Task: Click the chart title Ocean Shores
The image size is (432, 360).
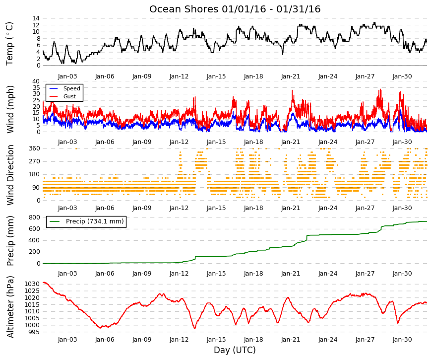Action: click(184, 9)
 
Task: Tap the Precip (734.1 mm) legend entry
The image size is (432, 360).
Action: click(86, 221)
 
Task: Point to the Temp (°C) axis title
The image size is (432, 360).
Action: click(9, 44)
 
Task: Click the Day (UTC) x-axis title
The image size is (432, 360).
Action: click(235, 350)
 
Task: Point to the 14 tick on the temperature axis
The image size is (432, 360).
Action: click(36, 18)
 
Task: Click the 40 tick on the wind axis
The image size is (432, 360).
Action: click(36, 81)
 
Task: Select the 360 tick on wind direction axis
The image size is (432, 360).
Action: click(34, 148)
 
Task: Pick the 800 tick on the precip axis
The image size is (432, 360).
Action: click(34, 217)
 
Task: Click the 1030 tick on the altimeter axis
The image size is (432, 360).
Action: click(32, 284)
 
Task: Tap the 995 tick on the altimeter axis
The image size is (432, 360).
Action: click(34, 332)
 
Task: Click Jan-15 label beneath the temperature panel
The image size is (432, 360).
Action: click(216, 76)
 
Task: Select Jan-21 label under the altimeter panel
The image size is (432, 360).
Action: click(291, 340)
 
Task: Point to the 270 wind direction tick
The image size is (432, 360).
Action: click(34, 161)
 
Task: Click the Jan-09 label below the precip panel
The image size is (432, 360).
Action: click(142, 274)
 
